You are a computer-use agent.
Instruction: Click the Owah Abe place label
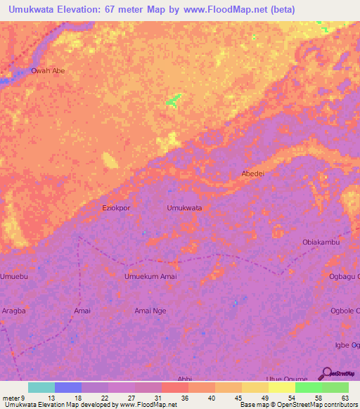tap(48, 70)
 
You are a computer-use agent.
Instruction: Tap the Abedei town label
tap(252, 174)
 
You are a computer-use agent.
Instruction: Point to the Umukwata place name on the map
tap(184, 208)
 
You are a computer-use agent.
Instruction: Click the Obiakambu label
tap(321, 242)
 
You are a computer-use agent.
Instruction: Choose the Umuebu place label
tap(14, 277)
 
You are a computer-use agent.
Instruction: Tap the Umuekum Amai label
tap(150, 277)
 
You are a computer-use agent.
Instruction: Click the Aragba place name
tap(13, 310)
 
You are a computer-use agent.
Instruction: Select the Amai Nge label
tap(150, 310)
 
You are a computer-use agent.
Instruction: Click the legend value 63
tap(345, 397)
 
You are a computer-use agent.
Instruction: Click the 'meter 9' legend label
tap(14, 397)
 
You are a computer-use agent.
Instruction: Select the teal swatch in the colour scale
tap(41, 387)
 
